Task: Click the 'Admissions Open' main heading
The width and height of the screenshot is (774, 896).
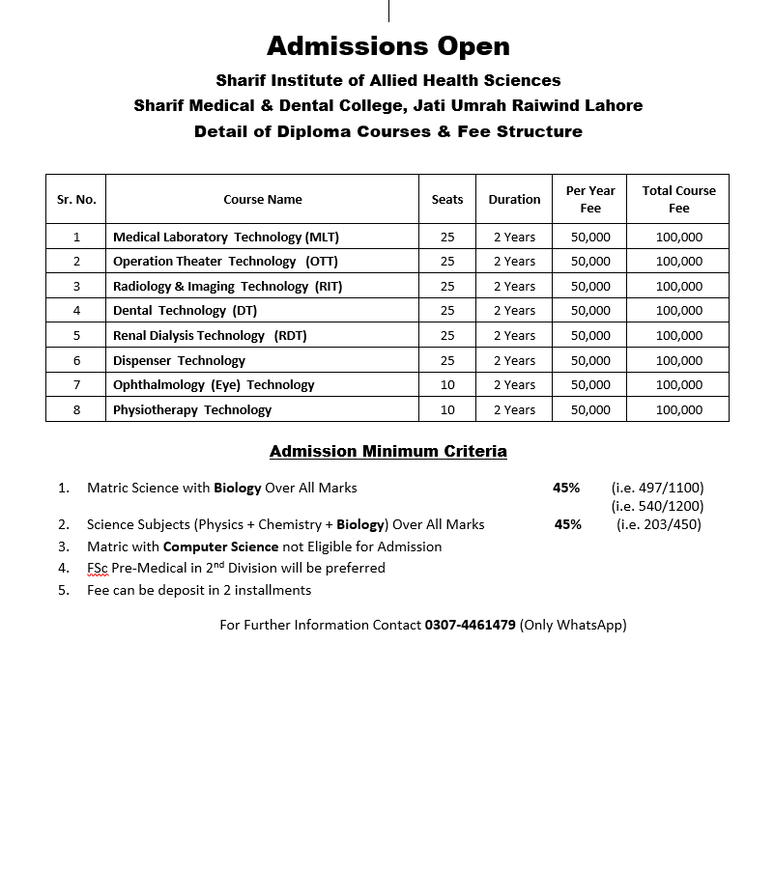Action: [387, 46]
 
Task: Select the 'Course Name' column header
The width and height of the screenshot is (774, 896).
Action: [263, 200]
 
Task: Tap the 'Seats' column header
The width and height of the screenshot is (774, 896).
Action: [447, 200]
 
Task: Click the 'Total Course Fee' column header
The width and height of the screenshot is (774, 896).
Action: [678, 200]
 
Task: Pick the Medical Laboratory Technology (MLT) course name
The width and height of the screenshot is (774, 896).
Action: [226, 237]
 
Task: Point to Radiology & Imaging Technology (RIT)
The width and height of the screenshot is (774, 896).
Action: [227, 286]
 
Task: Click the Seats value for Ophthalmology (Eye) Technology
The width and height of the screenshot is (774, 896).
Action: [447, 385]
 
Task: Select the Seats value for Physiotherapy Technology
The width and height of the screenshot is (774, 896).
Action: [447, 409]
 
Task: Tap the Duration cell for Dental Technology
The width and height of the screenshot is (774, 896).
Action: [514, 311]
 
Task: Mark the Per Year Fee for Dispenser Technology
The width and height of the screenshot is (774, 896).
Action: [590, 360]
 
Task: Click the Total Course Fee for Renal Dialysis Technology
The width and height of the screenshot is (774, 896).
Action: [678, 336]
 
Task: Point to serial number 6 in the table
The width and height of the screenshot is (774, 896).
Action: [76, 360]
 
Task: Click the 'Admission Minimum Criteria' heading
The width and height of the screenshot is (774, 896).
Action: [387, 451]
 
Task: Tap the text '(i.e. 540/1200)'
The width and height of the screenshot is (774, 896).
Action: [657, 506]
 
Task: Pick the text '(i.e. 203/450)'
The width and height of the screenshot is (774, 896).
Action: [659, 524]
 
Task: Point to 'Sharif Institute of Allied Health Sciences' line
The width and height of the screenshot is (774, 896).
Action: [387, 80]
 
